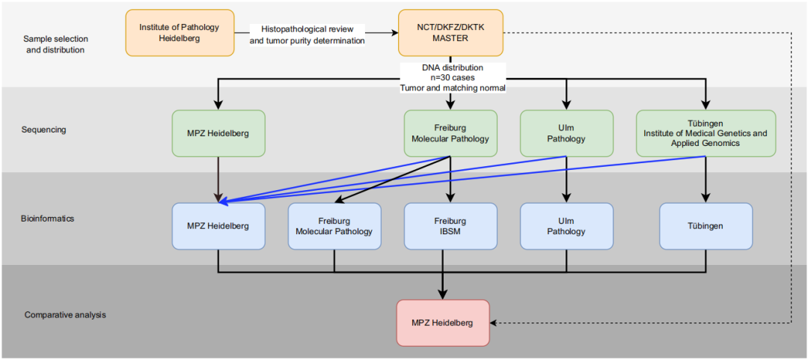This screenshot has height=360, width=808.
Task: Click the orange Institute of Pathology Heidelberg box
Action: point(180,32)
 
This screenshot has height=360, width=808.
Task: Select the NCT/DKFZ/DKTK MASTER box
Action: point(450,32)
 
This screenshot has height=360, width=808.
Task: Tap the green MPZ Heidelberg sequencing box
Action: point(218,133)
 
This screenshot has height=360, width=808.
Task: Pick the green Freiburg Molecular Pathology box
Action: point(450,133)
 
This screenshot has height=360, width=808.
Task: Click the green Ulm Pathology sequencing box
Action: point(567,133)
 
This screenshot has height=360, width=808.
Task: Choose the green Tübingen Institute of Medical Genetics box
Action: point(706,133)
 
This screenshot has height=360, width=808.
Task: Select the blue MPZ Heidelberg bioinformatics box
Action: point(218,226)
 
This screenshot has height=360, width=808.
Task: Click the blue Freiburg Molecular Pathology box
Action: point(334,226)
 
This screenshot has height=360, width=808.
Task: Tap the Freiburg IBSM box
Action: point(450,226)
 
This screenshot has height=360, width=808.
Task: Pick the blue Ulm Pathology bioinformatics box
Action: point(567,226)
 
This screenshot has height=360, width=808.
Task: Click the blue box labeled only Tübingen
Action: point(706,226)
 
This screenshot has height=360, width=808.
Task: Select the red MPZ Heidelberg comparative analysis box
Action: point(443,323)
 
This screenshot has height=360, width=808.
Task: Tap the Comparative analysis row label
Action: point(65,314)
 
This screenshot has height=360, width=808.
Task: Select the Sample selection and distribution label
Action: point(55,44)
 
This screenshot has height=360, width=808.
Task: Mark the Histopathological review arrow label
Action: point(307,34)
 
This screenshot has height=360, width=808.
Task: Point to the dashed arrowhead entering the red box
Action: point(493,323)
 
